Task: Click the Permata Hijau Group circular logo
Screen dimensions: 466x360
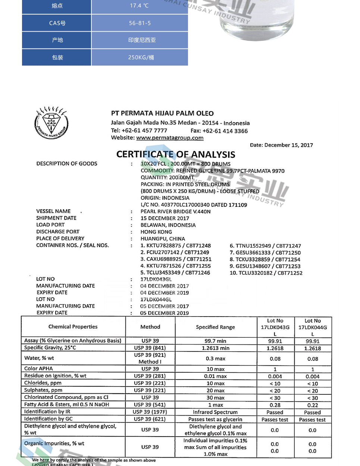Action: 51,123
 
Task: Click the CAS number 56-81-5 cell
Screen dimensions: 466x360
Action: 140,23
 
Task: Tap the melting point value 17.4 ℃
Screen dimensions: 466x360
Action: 140,6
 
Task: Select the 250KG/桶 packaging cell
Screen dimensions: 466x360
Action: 141,57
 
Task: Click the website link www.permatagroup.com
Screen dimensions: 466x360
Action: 170,138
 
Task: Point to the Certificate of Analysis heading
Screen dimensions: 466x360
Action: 176,154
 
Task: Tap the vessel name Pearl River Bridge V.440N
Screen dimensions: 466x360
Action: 175,211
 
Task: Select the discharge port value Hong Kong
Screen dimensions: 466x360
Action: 156,232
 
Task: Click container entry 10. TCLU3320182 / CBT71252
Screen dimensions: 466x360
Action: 266,273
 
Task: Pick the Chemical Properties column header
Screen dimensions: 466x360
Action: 73,327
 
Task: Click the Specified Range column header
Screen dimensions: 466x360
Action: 215,327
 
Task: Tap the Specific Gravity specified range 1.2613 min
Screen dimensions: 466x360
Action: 215,348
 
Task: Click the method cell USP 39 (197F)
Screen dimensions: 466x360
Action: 150,412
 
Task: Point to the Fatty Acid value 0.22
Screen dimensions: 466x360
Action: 313,405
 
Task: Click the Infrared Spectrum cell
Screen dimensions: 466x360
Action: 215,412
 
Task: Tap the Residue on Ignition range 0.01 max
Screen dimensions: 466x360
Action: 215,376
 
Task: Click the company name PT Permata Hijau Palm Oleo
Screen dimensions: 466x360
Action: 162,113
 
